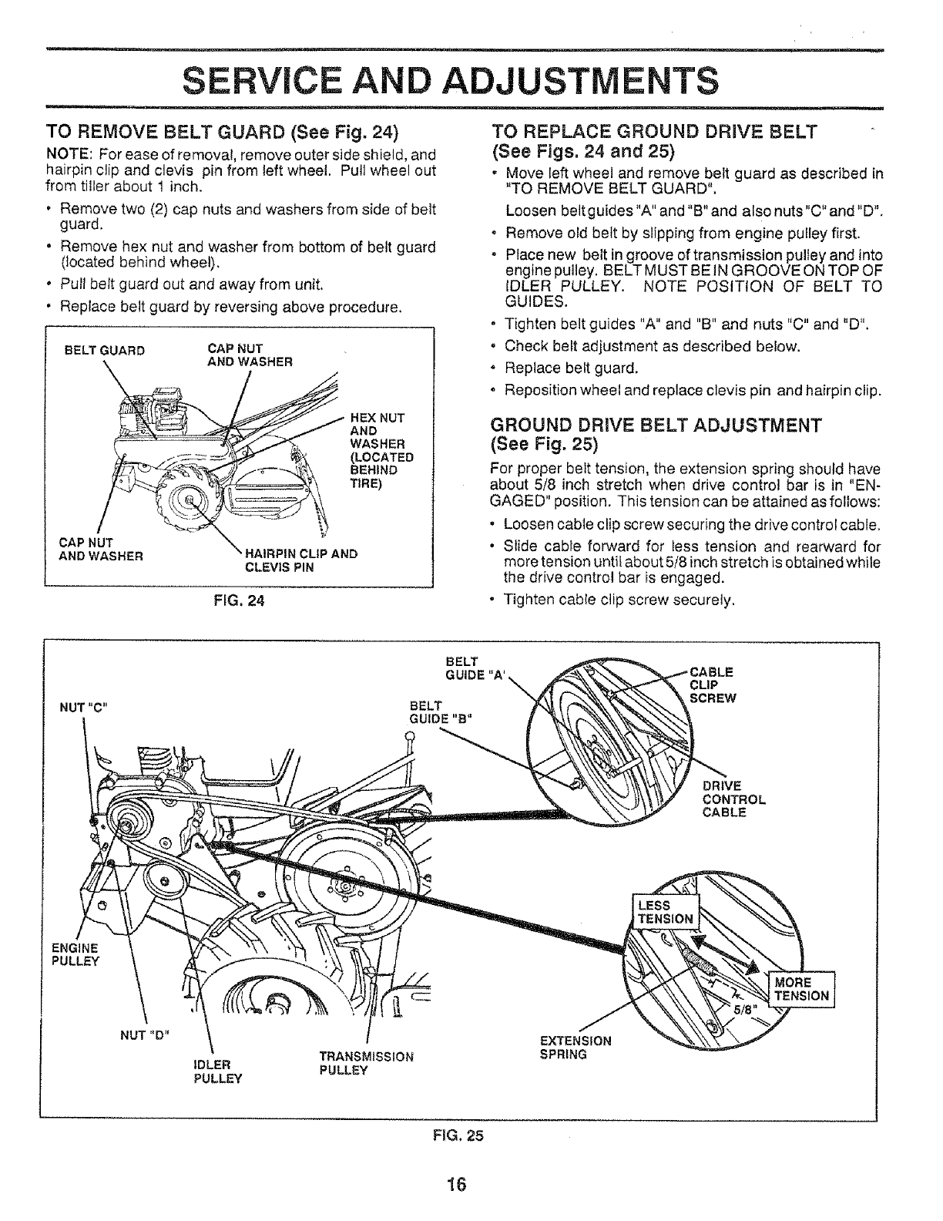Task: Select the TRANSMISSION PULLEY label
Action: pyautogui.click(x=366, y=1063)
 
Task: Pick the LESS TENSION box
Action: pyautogui.click(x=663, y=911)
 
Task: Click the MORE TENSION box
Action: pyautogui.click(x=800, y=988)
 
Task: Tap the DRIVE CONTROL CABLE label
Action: pyautogui.click(x=733, y=799)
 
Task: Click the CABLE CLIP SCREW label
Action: pyautogui.click(x=712, y=684)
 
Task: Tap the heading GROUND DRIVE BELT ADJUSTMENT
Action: pyautogui.click(x=656, y=425)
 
